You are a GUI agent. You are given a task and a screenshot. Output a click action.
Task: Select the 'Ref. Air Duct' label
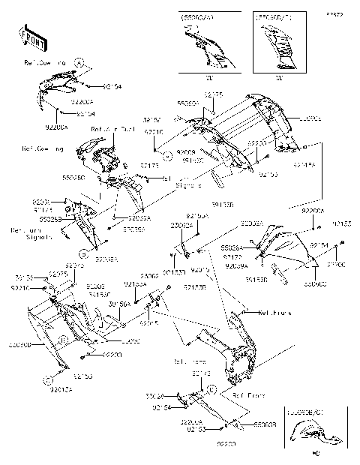click(x=111, y=130)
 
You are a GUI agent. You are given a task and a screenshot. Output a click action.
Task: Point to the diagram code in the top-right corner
click(x=343, y=14)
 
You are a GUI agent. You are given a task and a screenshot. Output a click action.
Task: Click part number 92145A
click(x=304, y=164)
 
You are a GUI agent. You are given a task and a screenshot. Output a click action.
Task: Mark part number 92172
click(x=201, y=373)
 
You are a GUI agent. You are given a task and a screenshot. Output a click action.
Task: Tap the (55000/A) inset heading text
click(x=196, y=15)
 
